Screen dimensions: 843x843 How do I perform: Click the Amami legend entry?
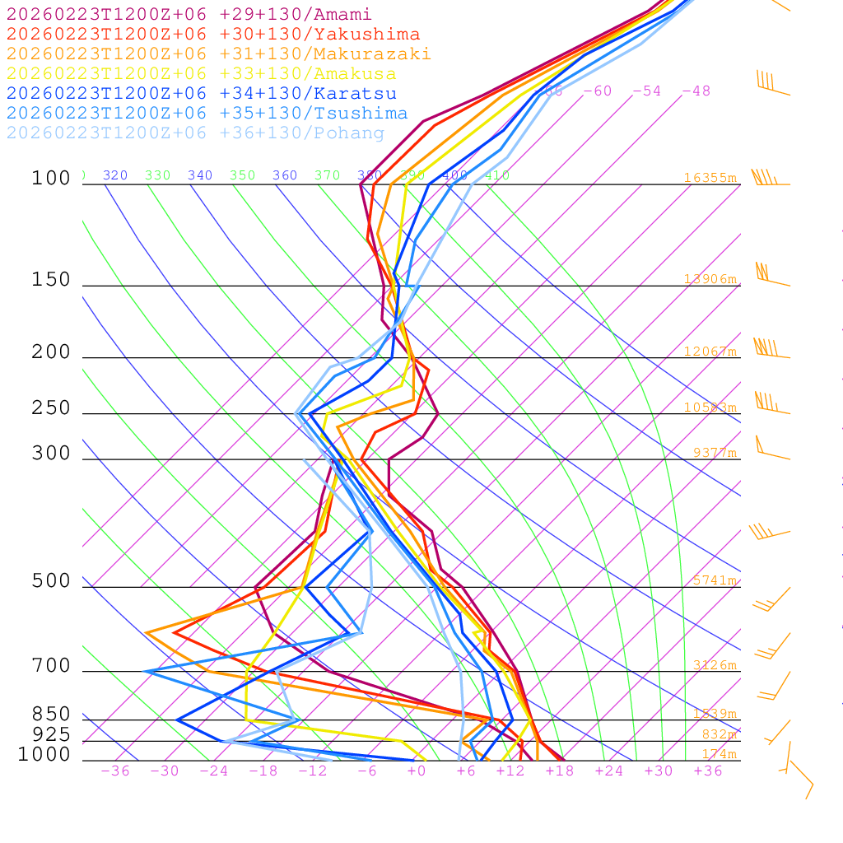coord(189,15)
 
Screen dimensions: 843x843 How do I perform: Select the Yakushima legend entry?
coord(212,35)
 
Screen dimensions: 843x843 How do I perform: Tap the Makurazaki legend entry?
coord(218,54)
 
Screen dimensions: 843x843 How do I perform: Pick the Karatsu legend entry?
coord(201,94)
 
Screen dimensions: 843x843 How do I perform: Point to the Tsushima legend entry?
coord(207,114)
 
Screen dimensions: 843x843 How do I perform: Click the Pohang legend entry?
coord(195,133)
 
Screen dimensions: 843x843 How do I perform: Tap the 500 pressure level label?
coord(52,581)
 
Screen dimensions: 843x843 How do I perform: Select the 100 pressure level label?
coord(52,179)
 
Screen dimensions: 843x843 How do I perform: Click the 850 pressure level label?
coord(52,715)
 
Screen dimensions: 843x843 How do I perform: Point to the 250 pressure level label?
coord(52,408)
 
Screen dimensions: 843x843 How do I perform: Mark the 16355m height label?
coord(710,178)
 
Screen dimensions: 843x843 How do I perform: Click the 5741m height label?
coord(715,580)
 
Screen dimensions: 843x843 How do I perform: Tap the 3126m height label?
coord(715,665)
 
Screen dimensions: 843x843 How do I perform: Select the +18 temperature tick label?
coord(559,771)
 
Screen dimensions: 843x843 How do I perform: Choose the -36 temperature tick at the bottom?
coord(114,771)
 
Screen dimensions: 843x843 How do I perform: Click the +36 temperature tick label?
coord(707,771)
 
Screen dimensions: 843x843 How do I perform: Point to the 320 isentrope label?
coord(114,175)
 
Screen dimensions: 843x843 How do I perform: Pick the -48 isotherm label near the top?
coord(696,91)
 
